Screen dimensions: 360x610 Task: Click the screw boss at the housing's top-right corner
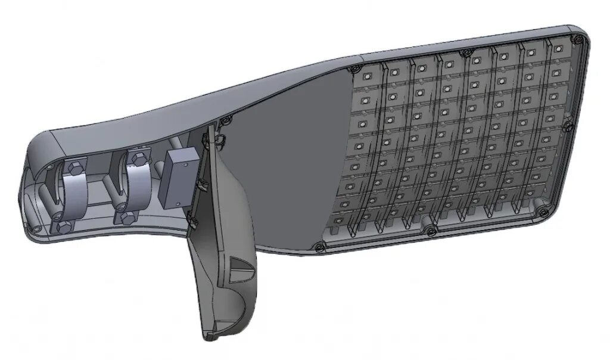click(576, 39)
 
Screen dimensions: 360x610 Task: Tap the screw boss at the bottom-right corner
click(540, 209)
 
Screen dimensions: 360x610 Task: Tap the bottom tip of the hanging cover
click(208, 337)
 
